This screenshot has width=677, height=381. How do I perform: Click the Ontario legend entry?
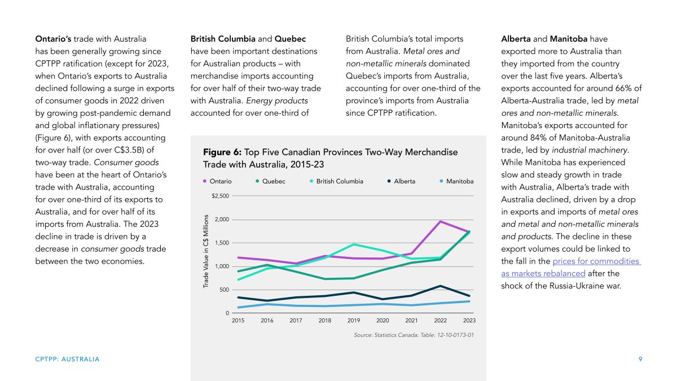[217, 181]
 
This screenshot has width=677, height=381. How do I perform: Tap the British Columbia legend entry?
[336, 181]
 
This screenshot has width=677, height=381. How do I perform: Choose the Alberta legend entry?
[401, 181]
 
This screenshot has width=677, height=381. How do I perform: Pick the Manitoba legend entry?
[456, 181]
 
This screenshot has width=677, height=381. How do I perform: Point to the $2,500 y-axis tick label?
[221, 196]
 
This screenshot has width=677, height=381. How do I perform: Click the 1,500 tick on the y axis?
[222, 243]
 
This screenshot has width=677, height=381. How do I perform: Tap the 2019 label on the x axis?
[354, 321]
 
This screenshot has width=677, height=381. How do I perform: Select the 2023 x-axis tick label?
[469, 321]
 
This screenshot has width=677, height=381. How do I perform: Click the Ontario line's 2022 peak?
[441, 222]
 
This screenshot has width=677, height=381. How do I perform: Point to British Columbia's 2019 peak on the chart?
[354, 244]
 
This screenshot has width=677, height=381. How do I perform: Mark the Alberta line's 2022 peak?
[441, 286]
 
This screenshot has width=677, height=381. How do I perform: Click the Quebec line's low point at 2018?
[325, 279]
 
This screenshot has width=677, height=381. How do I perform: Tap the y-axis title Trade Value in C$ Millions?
[206, 251]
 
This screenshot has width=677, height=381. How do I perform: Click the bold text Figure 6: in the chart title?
[222, 152]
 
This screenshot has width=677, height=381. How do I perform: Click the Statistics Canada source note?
[414, 335]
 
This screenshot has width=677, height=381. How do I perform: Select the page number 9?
[640, 359]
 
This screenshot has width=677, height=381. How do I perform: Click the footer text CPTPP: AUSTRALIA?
[67, 359]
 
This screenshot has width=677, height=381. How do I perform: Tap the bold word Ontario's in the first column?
[53, 39]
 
